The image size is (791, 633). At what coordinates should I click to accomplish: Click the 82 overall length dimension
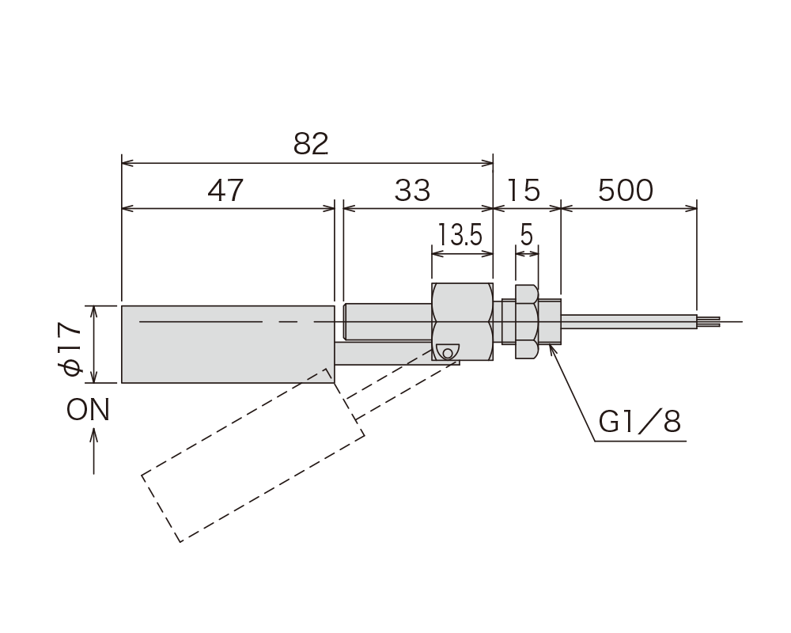click(310, 145)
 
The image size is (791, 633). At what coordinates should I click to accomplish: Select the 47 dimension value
click(226, 191)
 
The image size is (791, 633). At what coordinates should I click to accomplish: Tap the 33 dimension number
click(411, 191)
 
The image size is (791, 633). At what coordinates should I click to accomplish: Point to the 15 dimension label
click(524, 191)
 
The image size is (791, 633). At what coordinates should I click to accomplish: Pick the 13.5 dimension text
click(461, 235)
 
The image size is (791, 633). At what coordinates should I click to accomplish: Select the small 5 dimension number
click(527, 235)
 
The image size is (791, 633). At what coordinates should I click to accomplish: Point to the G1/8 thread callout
click(641, 422)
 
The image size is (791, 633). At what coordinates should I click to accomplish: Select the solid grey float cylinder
click(228, 343)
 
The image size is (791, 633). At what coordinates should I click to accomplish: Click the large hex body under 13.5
click(463, 320)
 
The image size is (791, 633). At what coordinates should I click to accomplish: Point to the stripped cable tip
click(709, 322)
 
